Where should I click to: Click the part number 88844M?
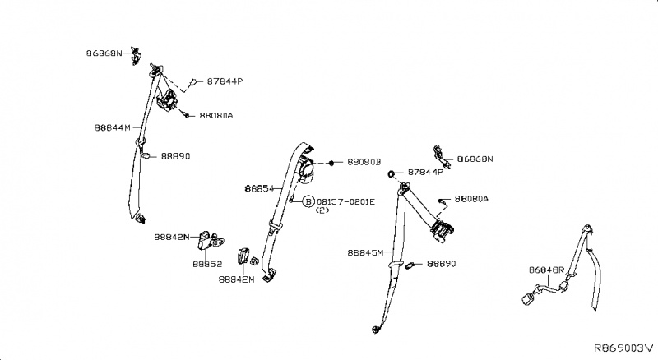coord(113,127)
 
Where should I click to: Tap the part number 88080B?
coord(364,163)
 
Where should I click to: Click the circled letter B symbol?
coord(308,201)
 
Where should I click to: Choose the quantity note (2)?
coord(322,211)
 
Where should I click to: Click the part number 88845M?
coord(365,253)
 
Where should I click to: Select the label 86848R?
coord(545,269)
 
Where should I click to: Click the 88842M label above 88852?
coord(171,238)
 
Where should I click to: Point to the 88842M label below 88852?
coord(236,279)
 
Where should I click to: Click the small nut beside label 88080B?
coord(330,164)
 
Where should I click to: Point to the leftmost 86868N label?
coord(104,53)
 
